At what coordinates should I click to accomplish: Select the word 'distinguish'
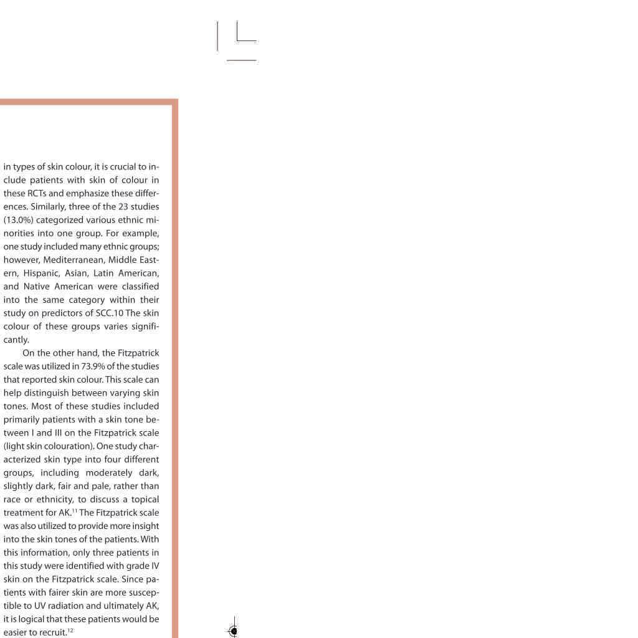(46, 393)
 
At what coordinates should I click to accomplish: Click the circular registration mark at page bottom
(234, 631)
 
